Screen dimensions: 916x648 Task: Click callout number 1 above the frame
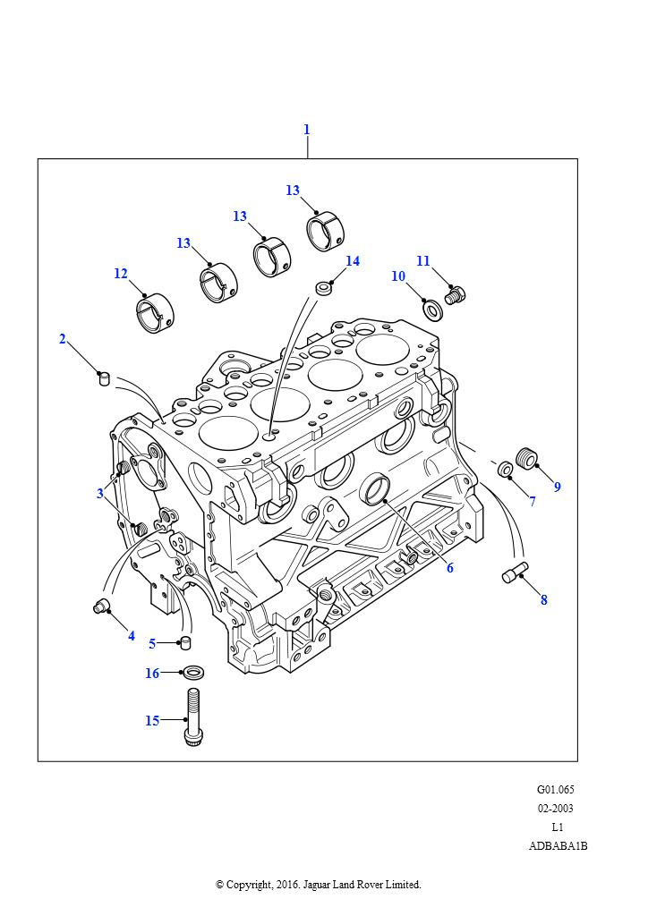click(306, 130)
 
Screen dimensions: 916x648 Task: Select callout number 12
click(121, 274)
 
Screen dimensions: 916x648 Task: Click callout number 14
click(353, 261)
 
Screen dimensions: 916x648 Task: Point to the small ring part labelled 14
click(323, 289)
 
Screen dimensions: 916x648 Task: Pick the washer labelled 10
click(432, 310)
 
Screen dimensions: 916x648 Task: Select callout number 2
click(63, 339)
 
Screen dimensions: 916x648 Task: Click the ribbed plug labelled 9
click(527, 458)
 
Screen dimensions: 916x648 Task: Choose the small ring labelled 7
click(506, 468)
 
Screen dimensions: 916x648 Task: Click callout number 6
click(450, 568)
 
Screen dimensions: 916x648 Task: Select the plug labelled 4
click(101, 607)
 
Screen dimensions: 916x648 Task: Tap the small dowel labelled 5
click(186, 642)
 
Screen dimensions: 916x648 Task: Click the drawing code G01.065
click(555, 790)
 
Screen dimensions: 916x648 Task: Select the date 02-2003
click(555, 809)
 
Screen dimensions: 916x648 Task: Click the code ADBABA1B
click(558, 846)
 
